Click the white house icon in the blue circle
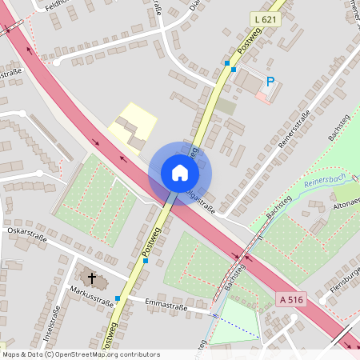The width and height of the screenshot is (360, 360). coord(180,172)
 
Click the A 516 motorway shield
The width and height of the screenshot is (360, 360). coord(293,298)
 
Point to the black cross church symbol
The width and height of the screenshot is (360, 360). coord(92,278)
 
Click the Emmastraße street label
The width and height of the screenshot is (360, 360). coord(166,305)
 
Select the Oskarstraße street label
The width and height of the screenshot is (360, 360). coord(26,238)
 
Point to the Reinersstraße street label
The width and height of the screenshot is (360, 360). coord(294,130)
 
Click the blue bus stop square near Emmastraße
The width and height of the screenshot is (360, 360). coord(118,298)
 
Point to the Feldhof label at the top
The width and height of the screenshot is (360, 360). coord(56,5)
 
